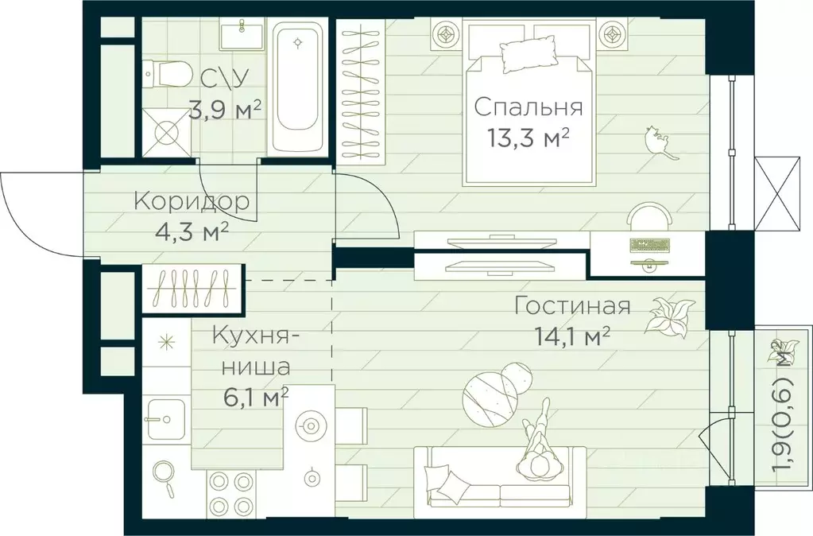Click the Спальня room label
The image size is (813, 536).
(528, 107)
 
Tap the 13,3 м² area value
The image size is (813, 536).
(528, 138)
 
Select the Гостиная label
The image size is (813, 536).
(572, 306)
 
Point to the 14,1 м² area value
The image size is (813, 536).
(572, 336)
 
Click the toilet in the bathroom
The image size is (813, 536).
(168, 76)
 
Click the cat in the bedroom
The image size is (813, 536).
(657, 141)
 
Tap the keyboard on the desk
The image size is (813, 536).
(649, 244)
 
